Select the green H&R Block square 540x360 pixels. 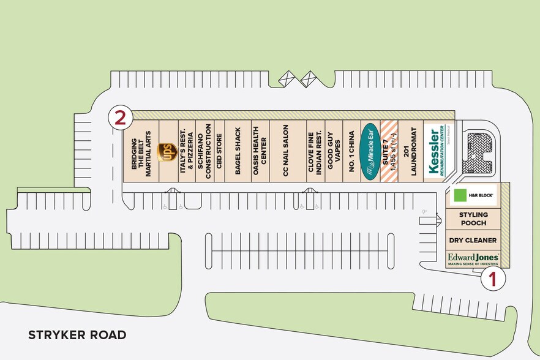(x=460, y=196)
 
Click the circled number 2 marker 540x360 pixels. (x=121, y=118)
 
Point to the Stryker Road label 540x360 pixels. (x=77, y=335)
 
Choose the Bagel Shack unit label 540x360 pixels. (x=238, y=152)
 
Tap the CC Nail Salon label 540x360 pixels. (x=286, y=152)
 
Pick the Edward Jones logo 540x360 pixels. (x=473, y=258)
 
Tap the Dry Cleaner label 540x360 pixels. (x=473, y=241)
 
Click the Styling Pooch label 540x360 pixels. (x=473, y=219)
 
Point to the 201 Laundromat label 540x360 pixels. (x=410, y=152)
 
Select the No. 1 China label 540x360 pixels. (x=351, y=152)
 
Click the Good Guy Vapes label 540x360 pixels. (x=333, y=152)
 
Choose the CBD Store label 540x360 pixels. (x=219, y=152)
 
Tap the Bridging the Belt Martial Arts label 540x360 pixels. (x=141, y=152)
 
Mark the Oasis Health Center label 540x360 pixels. (x=260, y=152)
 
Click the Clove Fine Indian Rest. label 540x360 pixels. (x=315, y=152)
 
